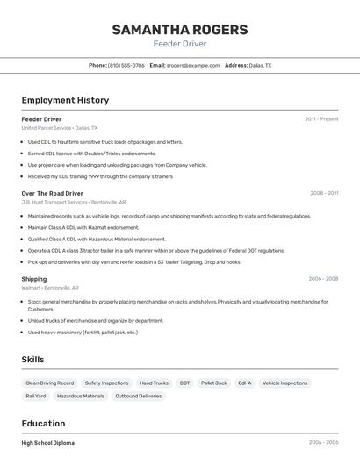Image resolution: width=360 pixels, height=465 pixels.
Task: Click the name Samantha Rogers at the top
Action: click(179, 30)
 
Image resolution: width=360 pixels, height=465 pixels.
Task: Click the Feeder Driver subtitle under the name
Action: click(179, 44)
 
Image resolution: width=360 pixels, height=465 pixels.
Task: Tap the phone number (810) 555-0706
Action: click(126, 65)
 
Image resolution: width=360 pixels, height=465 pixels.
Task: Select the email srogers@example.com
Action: click(193, 65)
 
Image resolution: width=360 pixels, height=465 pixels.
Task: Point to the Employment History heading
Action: click(65, 100)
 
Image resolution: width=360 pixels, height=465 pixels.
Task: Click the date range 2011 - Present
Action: click(321, 118)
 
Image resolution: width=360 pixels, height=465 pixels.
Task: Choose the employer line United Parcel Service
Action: click(60, 127)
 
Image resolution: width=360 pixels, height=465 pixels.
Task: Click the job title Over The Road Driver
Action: click(52, 193)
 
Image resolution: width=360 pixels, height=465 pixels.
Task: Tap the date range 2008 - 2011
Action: click(323, 193)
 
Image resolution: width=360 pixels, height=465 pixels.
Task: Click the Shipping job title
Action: click(34, 279)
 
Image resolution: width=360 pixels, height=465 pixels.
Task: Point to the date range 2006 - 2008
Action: click(323, 279)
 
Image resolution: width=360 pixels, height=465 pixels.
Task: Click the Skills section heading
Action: click(32, 360)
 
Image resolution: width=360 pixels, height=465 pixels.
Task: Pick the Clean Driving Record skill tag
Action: click(49, 383)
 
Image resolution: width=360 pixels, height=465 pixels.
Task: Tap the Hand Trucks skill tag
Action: click(154, 383)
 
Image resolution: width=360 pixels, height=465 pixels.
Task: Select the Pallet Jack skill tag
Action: click(213, 383)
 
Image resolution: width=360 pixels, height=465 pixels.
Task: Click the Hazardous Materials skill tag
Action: click(80, 396)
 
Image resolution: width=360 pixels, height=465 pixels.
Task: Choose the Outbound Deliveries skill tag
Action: click(139, 396)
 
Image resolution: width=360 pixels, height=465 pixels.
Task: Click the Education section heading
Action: click(43, 423)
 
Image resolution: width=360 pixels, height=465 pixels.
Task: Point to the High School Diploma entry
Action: click(47, 443)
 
